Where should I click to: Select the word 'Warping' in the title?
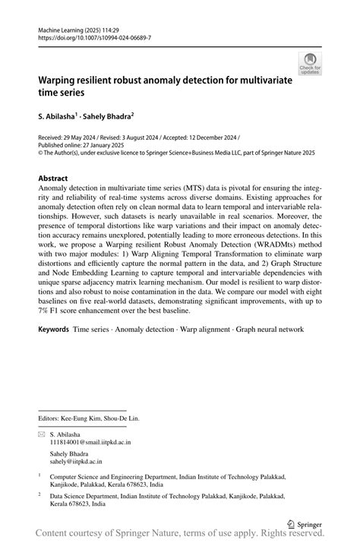click(61, 78)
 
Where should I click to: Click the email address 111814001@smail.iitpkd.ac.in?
click(90, 441)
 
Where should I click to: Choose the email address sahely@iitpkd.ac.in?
click(76, 460)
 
